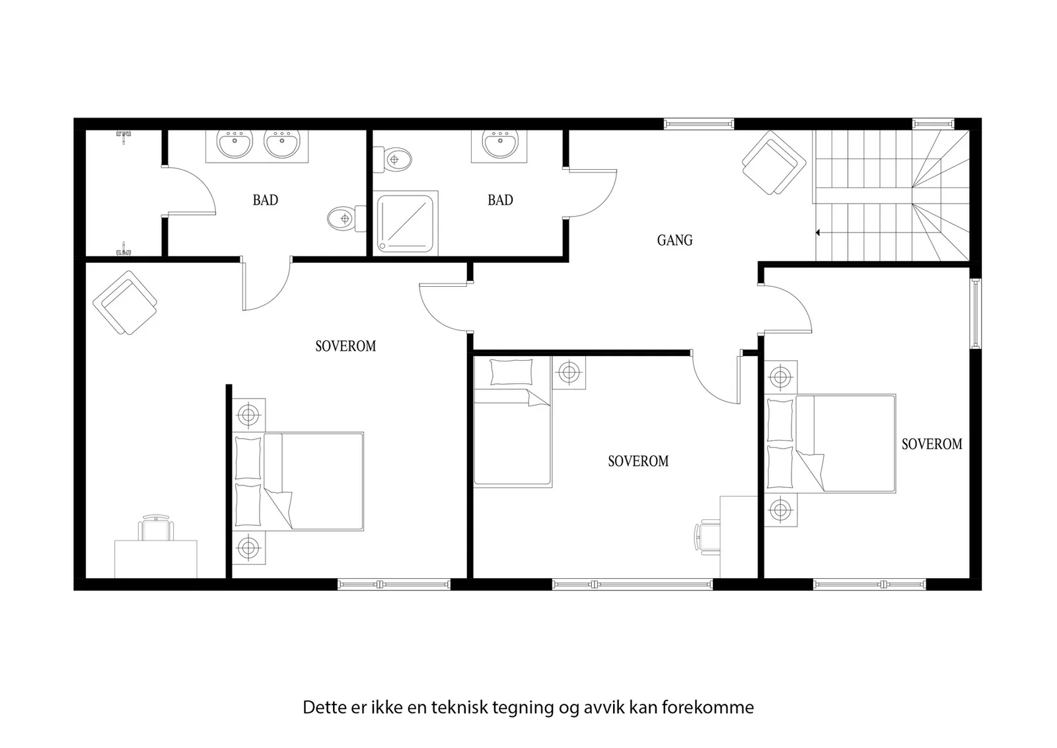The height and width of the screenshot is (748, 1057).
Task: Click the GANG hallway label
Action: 674,241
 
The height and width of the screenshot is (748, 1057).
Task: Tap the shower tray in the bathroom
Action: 406,223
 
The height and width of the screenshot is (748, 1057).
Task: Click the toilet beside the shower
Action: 392,159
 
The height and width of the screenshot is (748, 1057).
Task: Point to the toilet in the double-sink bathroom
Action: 347,219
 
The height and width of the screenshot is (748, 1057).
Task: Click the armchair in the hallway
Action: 774,163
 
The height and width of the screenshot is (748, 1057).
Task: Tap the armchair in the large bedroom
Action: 125,303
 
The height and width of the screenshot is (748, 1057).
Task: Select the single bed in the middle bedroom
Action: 513,422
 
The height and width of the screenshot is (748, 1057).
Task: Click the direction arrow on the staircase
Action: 819,233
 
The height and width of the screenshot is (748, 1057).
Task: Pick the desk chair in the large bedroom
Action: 156,527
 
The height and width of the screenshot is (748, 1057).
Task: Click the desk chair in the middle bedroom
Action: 707,537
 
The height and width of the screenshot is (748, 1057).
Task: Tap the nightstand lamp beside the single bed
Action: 569,373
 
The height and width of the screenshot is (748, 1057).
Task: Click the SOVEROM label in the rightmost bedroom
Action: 932,444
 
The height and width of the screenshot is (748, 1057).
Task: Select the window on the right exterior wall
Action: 975,314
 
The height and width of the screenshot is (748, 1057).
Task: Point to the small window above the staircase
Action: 933,124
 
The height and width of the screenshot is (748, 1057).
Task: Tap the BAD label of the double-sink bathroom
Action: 265,200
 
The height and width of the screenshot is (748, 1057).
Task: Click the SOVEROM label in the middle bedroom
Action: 638,461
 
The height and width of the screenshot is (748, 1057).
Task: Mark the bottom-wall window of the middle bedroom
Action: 632,585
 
